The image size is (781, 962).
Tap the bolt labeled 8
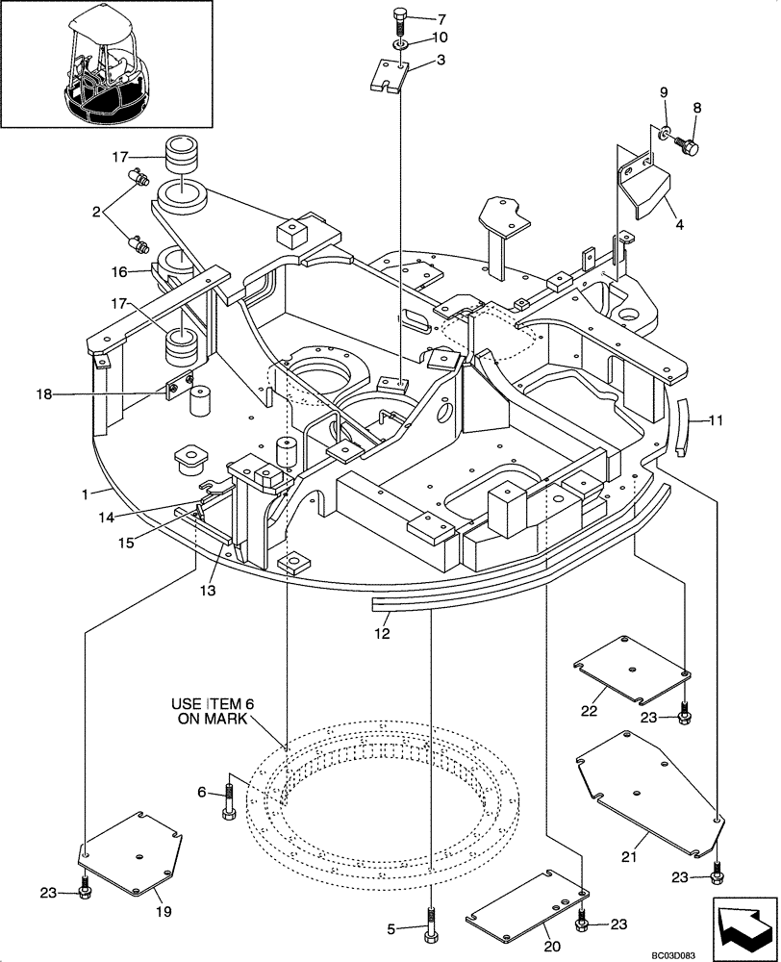(x=689, y=146)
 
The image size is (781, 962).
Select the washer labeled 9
(x=665, y=132)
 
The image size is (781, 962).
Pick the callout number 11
(x=716, y=419)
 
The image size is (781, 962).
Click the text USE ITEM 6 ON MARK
(x=210, y=711)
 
